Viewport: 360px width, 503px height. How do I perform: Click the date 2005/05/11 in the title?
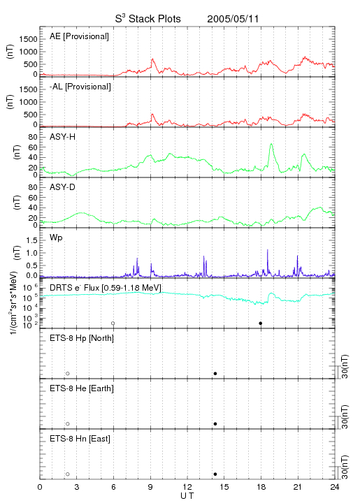pos(233,19)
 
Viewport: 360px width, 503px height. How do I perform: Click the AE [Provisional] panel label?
pos(79,36)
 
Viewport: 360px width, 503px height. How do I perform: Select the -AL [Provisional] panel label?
pos(80,87)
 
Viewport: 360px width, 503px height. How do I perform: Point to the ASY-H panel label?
pos(63,137)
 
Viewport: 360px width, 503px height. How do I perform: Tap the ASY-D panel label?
pos(63,187)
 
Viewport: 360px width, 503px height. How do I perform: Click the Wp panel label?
pos(56,238)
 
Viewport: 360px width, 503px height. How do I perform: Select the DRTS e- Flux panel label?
pos(106,288)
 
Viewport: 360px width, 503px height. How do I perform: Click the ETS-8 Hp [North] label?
pos(82,338)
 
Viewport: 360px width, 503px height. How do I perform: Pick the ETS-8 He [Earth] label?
pos(82,388)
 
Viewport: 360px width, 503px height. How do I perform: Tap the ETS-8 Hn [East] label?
pos(80,439)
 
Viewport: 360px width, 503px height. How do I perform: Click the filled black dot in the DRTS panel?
pos(261,323)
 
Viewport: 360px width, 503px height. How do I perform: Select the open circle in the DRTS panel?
pos(113,323)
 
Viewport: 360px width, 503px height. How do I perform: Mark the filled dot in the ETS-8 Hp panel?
pos(215,373)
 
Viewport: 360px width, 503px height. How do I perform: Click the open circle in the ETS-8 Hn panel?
pos(68,474)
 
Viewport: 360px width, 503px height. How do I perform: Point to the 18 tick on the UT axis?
pos(261,487)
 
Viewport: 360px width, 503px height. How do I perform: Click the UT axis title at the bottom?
pos(187,496)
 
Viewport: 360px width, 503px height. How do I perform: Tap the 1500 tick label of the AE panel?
pos(28,39)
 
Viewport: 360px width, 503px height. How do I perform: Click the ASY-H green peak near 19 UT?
pos(271,144)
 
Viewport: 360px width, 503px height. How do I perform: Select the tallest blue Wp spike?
pos(268,250)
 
